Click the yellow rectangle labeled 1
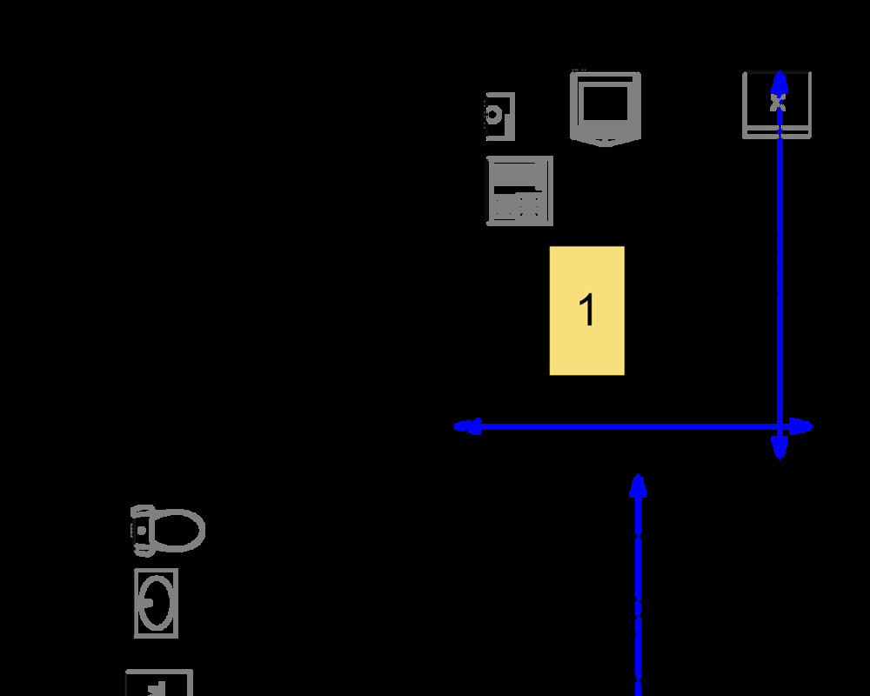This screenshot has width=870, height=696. [x=587, y=311]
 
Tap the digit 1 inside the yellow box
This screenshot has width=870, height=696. [x=587, y=310]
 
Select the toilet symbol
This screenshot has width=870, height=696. [x=168, y=531]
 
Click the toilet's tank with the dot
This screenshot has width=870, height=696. [x=142, y=531]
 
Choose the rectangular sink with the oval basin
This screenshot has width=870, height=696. [x=156, y=603]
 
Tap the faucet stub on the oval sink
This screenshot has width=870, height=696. [x=148, y=603]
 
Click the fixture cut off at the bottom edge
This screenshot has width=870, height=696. [x=159, y=683]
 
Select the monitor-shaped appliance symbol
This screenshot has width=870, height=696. [x=606, y=109]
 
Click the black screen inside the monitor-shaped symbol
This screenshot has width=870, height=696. [x=606, y=104]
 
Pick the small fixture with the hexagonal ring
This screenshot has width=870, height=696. [x=500, y=117]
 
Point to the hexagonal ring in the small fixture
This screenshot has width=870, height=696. [x=492, y=116]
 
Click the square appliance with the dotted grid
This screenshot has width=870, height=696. [x=520, y=191]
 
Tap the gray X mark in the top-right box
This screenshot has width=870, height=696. [x=778, y=103]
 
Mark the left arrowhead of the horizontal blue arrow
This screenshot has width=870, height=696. [x=467, y=426]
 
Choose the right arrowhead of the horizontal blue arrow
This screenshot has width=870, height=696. [x=800, y=426]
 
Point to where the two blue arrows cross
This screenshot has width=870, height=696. [x=780, y=426]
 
